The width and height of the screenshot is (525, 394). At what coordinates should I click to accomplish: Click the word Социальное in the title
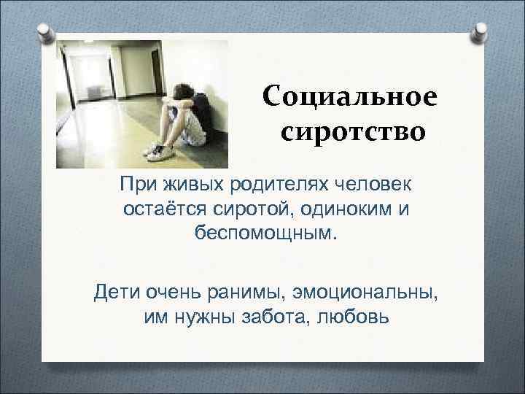click(x=350, y=97)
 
